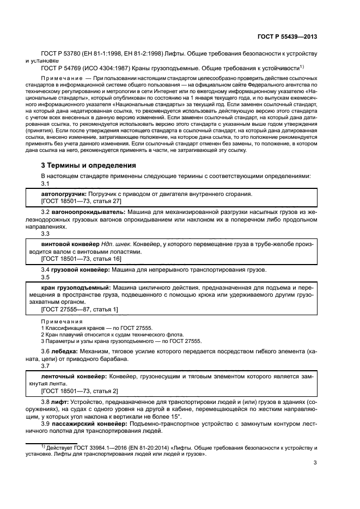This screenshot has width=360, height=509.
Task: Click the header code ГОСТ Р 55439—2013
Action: pos(287,37)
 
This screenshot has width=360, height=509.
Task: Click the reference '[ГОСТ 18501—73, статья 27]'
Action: pos(78,201)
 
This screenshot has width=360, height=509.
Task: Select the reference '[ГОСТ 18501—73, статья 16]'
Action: pos(78,260)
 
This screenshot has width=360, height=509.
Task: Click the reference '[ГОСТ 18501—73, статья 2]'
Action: pos(76,390)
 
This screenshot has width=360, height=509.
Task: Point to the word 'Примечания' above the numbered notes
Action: pos(57,322)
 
